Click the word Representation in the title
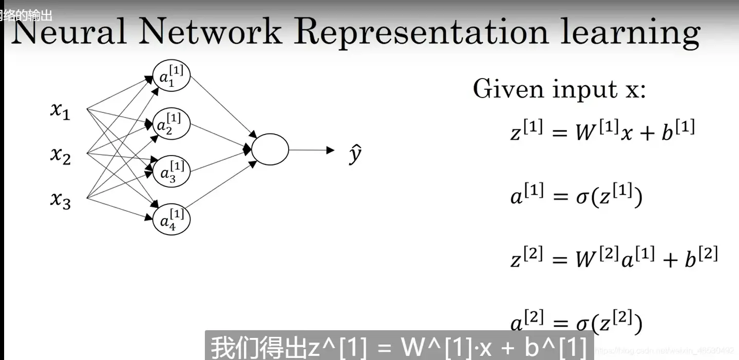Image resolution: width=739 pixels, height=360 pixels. [x=422, y=32]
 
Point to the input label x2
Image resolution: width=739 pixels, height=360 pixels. [x=60, y=154]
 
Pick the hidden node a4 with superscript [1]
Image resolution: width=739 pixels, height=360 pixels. [x=172, y=219]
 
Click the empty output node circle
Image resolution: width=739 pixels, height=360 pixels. [x=270, y=150]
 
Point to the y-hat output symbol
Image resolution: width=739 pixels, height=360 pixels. [x=355, y=154]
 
